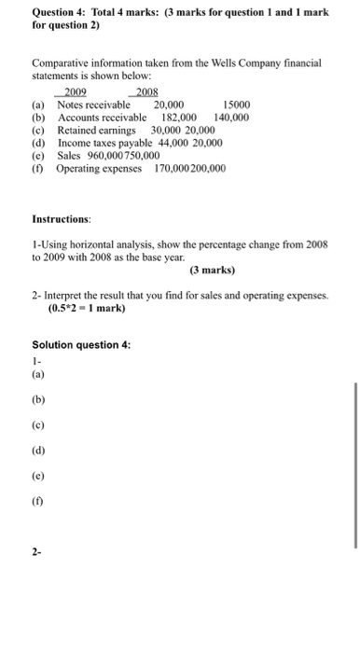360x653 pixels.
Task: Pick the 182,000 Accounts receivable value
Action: [x=178, y=118]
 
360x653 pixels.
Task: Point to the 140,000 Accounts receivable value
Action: [x=231, y=118]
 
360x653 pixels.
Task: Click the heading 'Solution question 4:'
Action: [x=81, y=344]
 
